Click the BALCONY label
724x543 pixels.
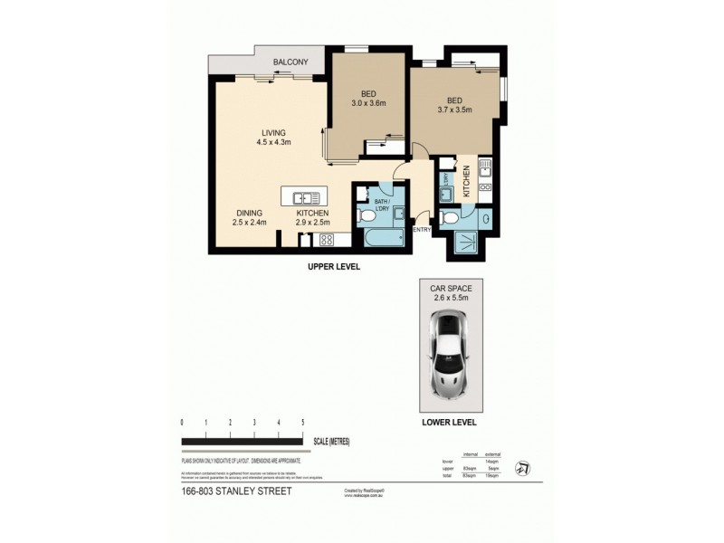(x=291, y=62)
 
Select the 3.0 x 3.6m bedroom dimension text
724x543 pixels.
(x=369, y=103)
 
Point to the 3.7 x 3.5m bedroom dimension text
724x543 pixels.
(x=455, y=110)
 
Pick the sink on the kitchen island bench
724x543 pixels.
(x=305, y=196)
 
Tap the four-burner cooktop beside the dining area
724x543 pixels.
(x=327, y=239)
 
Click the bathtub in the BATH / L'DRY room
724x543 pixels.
(x=380, y=238)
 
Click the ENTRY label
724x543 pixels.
(x=422, y=230)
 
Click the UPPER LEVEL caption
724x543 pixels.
(x=334, y=267)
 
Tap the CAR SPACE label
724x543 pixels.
(x=449, y=288)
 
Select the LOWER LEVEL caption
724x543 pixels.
(x=449, y=422)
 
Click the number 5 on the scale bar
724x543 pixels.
(x=302, y=423)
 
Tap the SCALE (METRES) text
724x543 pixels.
(x=330, y=442)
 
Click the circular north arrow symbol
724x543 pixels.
(x=522, y=468)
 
